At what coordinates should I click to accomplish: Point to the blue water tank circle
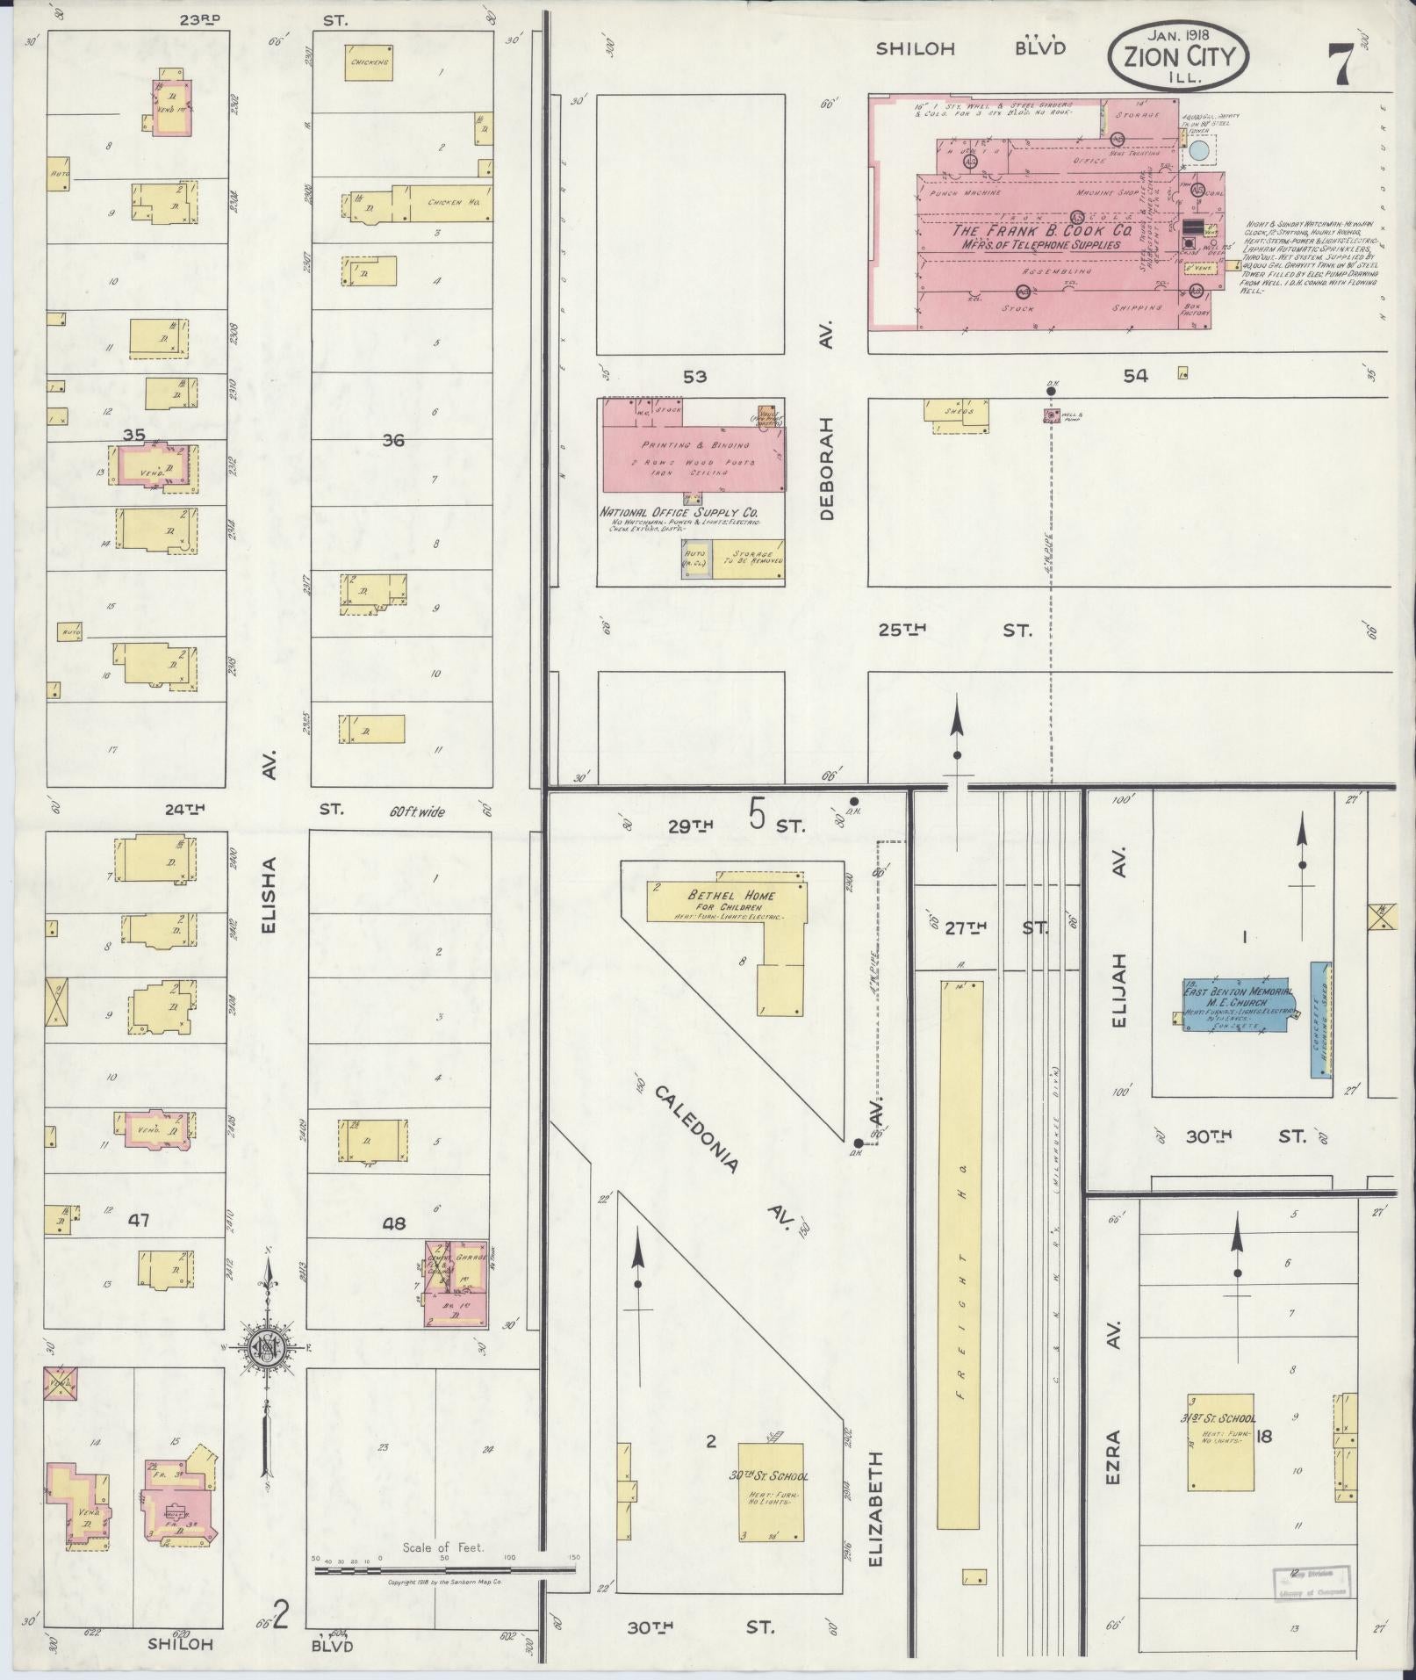coord(1200,151)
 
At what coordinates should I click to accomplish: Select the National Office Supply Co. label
coord(679,512)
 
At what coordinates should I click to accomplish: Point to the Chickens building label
coord(368,63)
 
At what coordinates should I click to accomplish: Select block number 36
coord(392,440)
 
